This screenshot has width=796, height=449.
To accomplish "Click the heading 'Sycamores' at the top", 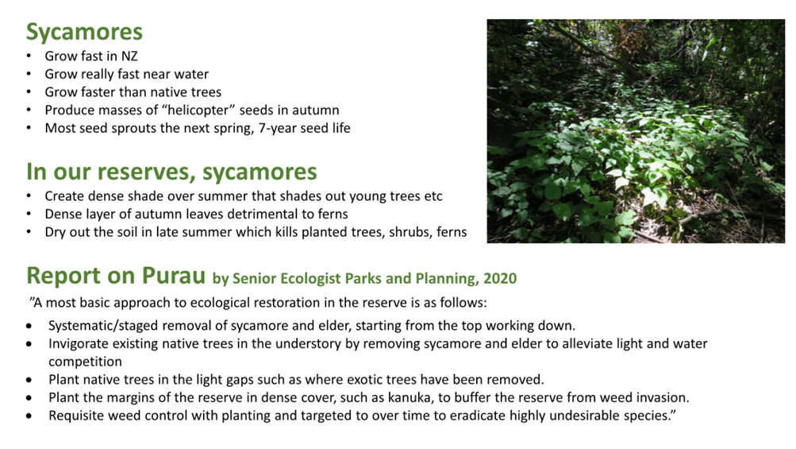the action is (x=84, y=33).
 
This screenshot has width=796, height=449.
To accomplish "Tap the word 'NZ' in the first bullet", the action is (x=129, y=56).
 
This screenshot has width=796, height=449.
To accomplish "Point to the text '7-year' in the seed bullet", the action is (x=278, y=128).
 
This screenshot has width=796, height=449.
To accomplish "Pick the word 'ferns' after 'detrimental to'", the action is (x=333, y=214).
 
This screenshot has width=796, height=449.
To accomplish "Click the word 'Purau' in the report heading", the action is (x=174, y=276).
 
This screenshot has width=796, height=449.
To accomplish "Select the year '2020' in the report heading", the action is (x=500, y=279).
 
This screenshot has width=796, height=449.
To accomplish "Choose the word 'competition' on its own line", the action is (x=85, y=362).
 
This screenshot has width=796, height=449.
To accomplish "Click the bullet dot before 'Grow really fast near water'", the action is (x=29, y=74).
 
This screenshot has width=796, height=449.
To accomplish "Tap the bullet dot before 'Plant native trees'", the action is (x=29, y=380).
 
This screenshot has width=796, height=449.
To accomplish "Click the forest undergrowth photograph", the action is (x=636, y=131).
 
